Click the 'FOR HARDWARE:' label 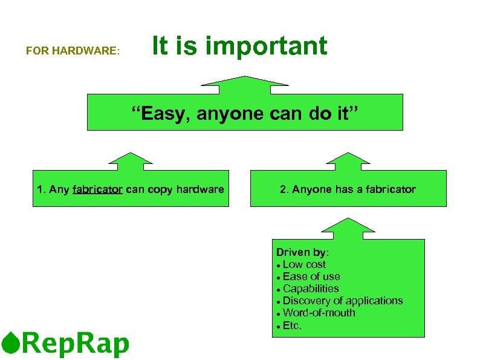73,51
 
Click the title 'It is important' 239,46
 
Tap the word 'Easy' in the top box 163,113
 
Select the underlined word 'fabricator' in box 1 97,189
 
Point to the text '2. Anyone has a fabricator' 348,189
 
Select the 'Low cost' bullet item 304,264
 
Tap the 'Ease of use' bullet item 311,277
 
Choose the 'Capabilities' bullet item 311,289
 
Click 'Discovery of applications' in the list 342,301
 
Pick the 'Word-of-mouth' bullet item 319,313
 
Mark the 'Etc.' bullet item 292,326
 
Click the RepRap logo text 76,344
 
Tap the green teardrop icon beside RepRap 10,343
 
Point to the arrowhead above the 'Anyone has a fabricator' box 348,160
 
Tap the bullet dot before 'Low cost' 277,266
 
